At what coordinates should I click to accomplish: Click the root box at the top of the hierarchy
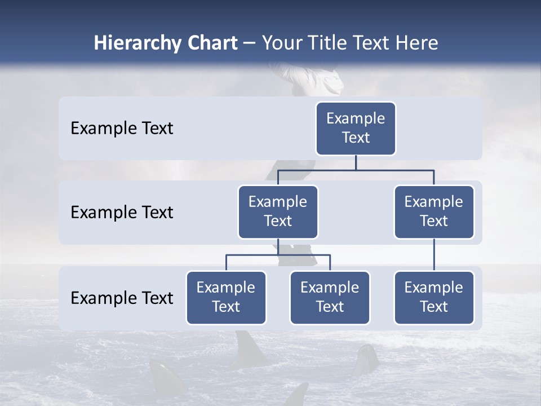[356, 128]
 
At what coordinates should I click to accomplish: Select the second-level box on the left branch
[278, 211]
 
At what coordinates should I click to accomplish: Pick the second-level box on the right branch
[434, 211]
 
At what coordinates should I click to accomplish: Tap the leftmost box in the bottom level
[226, 297]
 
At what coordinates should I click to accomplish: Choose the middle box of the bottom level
[330, 297]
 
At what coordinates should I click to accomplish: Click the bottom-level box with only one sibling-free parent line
[434, 297]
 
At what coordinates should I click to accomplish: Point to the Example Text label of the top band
[122, 129]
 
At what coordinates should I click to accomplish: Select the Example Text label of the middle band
[122, 213]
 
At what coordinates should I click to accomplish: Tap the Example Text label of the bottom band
[122, 298]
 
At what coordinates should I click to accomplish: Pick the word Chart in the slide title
[212, 43]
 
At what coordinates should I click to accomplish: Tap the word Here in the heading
[415, 43]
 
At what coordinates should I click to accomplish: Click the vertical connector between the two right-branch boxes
[434, 255]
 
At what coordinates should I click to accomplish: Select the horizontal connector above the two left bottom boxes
[278, 255]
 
